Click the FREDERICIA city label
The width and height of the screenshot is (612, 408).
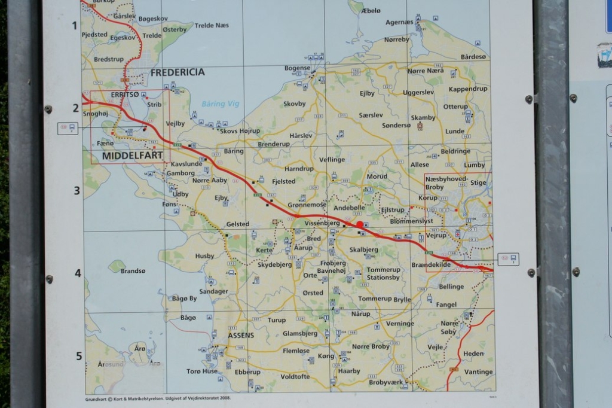click(178, 72)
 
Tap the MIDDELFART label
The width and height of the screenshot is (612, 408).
click(133, 156)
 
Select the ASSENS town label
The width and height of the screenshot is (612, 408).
click(241, 335)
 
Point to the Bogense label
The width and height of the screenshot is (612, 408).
click(297, 68)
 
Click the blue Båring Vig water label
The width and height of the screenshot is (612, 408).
click(220, 103)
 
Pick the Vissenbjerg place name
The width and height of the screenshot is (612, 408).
click(322, 223)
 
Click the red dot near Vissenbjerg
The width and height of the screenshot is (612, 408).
click(359, 224)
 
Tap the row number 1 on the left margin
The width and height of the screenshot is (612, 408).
click(75, 25)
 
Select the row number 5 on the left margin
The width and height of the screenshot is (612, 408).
click(78, 356)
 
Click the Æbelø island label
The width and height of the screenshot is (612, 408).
click(371, 10)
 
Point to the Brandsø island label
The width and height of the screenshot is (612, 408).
click(133, 271)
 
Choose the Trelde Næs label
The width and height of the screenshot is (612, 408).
click(212, 25)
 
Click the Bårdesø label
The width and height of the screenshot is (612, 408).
click(473, 57)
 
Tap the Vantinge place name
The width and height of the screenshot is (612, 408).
click(479, 372)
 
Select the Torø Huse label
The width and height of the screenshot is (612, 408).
click(202, 371)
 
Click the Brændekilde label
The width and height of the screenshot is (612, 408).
click(431, 264)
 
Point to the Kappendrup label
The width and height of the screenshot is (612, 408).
click(468, 89)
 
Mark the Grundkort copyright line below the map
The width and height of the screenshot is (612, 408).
click(158, 398)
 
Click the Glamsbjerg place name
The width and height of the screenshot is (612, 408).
click(300, 334)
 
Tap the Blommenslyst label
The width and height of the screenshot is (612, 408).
click(411, 221)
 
